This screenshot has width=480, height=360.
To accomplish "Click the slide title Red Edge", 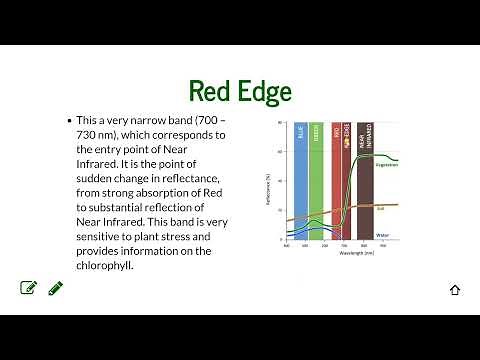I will [x=240, y=91].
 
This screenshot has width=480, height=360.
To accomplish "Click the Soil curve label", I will [x=380, y=208].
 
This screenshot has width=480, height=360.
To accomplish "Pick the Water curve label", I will [x=382, y=235].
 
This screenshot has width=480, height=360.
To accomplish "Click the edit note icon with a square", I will [x=29, y=288].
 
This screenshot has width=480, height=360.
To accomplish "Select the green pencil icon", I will [x=55, y=288].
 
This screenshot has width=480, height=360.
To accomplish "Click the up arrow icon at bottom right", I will [x=455, y=290].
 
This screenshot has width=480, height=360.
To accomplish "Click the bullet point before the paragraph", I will [x=68, y=120].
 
